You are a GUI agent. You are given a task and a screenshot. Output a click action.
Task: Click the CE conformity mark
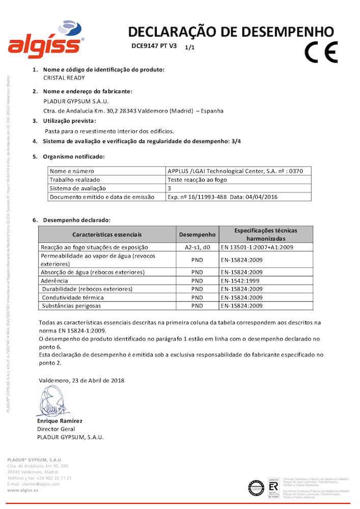pos(321,51)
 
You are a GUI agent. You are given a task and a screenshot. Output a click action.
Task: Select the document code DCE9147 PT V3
pos(154,46)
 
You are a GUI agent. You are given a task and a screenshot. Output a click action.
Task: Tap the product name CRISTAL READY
pos(64,78)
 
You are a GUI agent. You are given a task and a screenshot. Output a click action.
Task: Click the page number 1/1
pos(190,47)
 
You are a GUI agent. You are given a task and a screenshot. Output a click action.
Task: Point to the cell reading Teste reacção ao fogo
pos(197,180)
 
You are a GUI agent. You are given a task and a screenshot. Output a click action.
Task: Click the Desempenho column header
pos(197,235)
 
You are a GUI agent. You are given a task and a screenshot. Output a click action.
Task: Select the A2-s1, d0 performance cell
pos(197,247)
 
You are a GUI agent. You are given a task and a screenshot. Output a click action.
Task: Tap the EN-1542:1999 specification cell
pos(241,280)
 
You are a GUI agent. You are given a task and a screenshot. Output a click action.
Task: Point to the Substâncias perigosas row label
pos(71,305)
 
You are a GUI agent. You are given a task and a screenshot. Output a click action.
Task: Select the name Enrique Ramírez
pos(60,421)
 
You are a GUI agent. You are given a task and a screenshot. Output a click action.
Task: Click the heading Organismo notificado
pos(74,156)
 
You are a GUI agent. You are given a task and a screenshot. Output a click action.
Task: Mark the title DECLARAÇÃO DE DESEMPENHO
pos(231,32)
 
